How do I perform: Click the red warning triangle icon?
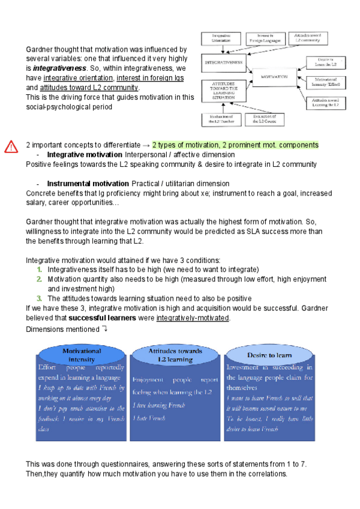[11, 146]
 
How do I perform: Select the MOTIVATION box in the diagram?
[274, 77]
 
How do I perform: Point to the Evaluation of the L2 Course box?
[262, 118]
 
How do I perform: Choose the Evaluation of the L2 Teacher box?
[221, 118]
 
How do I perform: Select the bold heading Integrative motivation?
[84, 155]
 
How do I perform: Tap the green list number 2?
[39, 279]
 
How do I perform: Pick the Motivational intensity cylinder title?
[82, 354]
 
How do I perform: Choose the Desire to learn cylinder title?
[268, 354]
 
